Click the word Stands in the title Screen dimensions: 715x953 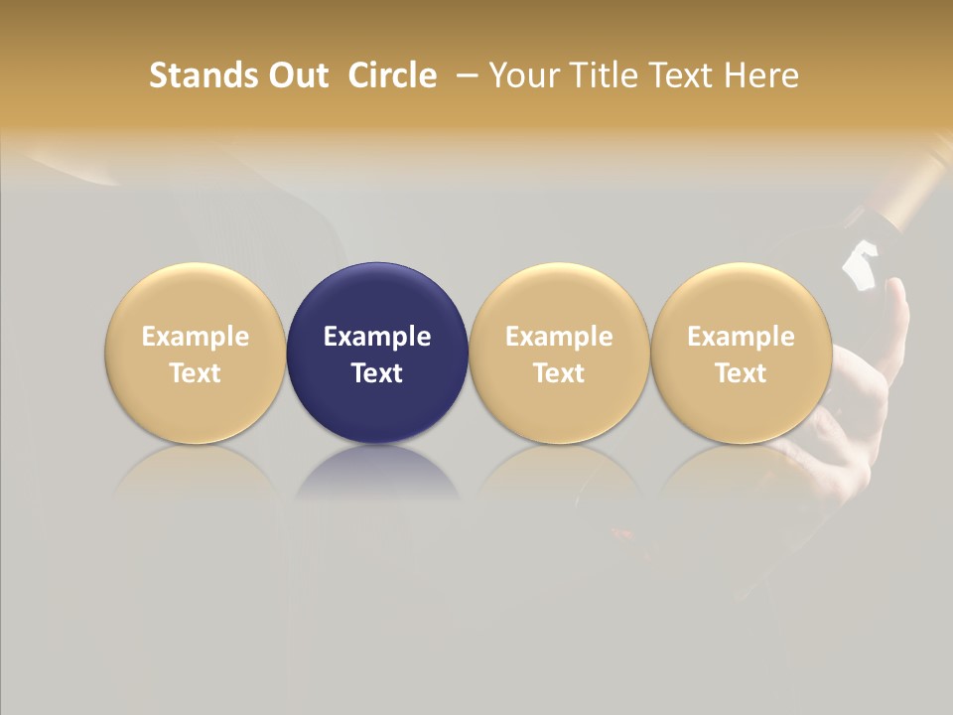(193, 75)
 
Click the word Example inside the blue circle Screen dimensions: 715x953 (377, 337)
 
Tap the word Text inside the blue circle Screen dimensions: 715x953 (377, 373)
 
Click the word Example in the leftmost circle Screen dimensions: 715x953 (196, 337)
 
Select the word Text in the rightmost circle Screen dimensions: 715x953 (741, 373)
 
